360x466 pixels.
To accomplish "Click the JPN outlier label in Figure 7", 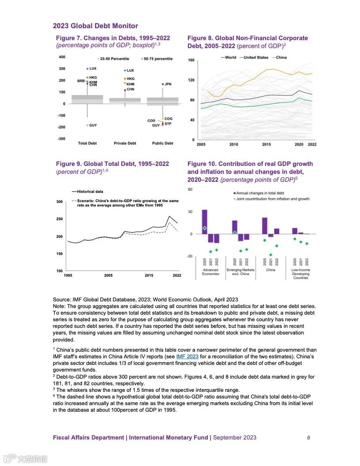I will [168, 84].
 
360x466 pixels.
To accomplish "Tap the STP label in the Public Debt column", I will [168, 124].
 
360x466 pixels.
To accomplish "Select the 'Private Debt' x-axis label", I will [125, 143].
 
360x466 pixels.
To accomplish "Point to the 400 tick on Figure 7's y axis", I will [62, 57].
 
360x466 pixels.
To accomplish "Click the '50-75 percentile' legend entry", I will [158, 59].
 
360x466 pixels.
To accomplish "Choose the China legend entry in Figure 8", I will [281, 57].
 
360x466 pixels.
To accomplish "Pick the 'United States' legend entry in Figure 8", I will [256, 57].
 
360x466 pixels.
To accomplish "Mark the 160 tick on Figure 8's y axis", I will [191, 60].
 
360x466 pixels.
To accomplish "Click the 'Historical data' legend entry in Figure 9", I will [90, 192].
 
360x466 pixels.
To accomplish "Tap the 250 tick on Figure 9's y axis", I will [59, 219].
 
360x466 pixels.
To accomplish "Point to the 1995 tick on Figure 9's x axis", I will [68, 275].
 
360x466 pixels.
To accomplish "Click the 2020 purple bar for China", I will [265, 225].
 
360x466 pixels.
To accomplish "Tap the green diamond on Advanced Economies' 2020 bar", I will [204, 229].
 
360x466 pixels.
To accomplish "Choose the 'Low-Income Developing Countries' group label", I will [300, 274].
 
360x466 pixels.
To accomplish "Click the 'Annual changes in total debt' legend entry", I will [260, 193].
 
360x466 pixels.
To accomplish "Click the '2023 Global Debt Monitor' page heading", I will [95, 26].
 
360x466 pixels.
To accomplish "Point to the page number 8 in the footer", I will [308, 438].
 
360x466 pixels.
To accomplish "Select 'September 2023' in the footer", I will [235, 438].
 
